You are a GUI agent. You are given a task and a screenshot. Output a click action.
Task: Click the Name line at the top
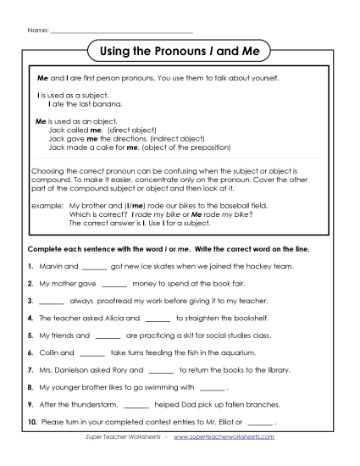pos(122,31)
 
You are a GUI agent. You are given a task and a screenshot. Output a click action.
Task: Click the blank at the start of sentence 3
pos(52,301)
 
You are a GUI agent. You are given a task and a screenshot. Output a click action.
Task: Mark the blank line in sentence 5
pos(108,336)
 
